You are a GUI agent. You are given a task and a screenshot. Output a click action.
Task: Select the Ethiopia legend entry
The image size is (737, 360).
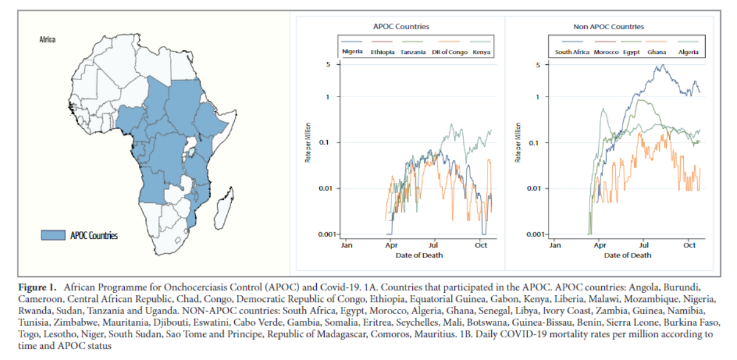[382, 53]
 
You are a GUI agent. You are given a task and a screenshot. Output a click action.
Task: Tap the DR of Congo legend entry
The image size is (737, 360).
[450, 53]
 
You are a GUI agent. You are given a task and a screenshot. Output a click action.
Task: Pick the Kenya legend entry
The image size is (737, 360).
[481, 53]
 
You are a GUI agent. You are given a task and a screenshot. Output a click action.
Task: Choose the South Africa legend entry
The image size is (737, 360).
[572, 53]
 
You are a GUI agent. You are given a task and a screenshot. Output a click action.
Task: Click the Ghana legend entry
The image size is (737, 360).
[656, 53]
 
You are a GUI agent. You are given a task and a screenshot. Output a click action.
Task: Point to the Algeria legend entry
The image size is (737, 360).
[688, 53]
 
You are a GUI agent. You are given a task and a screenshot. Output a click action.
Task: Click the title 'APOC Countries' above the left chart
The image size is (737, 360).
[401, 27]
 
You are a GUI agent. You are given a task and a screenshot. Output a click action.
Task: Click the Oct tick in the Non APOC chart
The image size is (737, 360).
[689, 245]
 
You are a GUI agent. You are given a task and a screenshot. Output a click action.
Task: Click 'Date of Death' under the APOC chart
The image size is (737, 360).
[419, 255]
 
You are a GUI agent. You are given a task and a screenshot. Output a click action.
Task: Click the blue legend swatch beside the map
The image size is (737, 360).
[53, 235]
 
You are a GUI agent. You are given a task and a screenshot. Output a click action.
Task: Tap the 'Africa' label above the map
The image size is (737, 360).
[48, 40]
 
